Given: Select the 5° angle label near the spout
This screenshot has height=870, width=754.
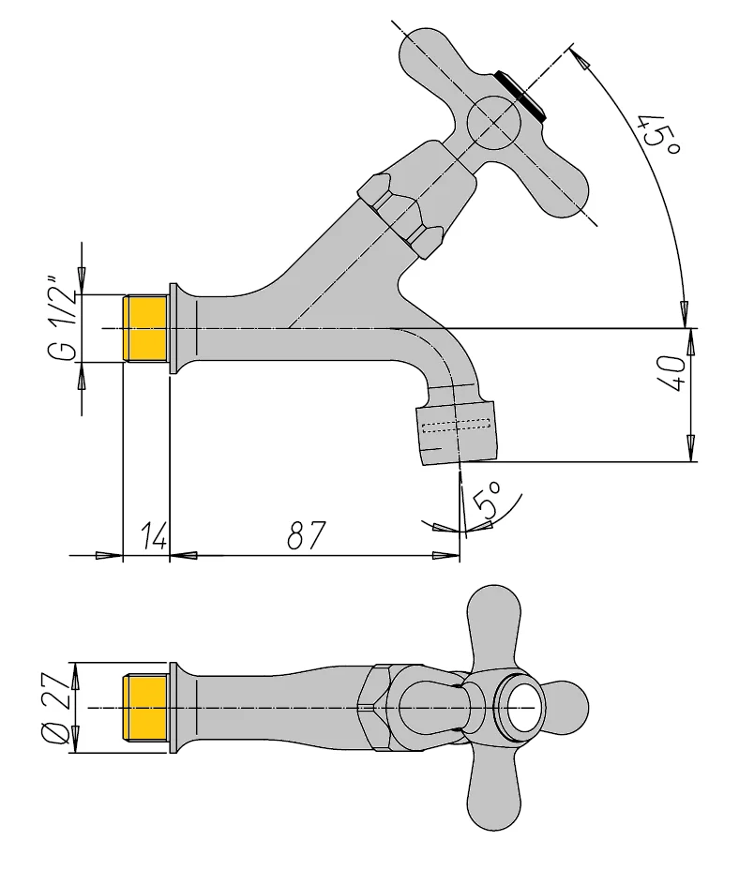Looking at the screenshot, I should pos(489,502).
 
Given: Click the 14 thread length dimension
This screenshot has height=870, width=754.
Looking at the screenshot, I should pos(154,536).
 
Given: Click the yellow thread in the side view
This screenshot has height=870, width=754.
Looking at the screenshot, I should pos(145,328).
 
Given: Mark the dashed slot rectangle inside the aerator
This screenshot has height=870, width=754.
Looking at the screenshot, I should pos(456,427).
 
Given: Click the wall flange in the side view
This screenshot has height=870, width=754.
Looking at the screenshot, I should pos(173,328).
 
